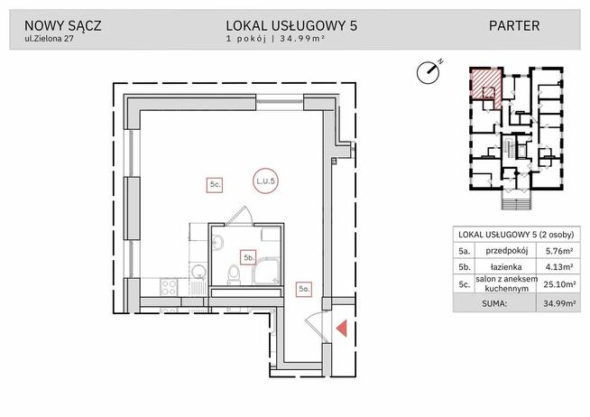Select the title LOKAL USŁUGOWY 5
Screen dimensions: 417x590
[x=292, y=25]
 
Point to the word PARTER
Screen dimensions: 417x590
[x=514, y=25]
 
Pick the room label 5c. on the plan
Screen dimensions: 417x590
[x=216, y=184]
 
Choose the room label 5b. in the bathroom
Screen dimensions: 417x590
[x=246, y=256]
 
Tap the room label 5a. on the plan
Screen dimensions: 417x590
[x=305, y=289]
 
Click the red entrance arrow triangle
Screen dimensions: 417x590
[x=341, y=330]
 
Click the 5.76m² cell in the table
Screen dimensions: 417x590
[x=558, y=253]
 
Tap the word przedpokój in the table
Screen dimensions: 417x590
[x=507, y=253]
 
